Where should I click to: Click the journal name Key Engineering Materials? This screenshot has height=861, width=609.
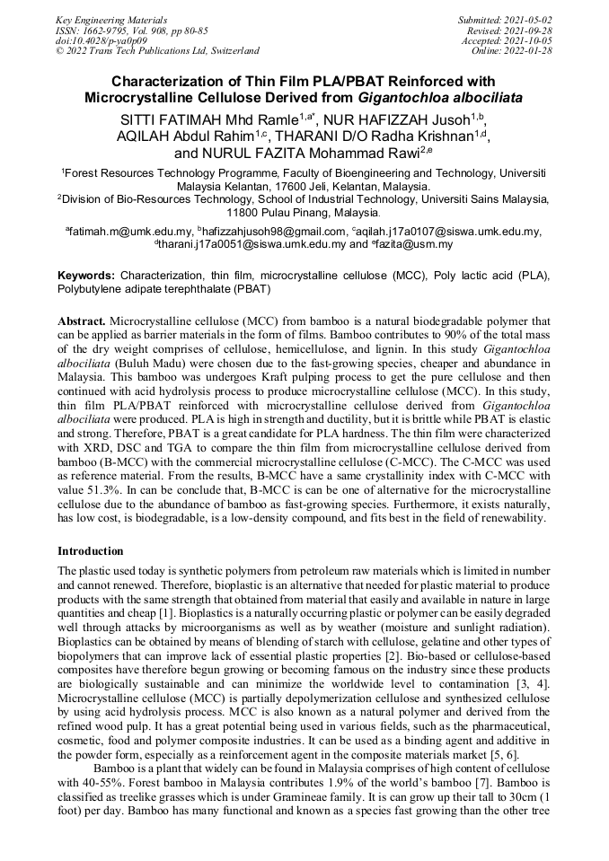110,19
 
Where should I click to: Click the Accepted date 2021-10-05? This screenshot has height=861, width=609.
531,40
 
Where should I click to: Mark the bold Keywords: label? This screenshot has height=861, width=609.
87,275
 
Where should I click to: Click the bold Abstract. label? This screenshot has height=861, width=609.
82,320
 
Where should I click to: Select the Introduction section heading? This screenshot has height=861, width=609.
91,550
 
